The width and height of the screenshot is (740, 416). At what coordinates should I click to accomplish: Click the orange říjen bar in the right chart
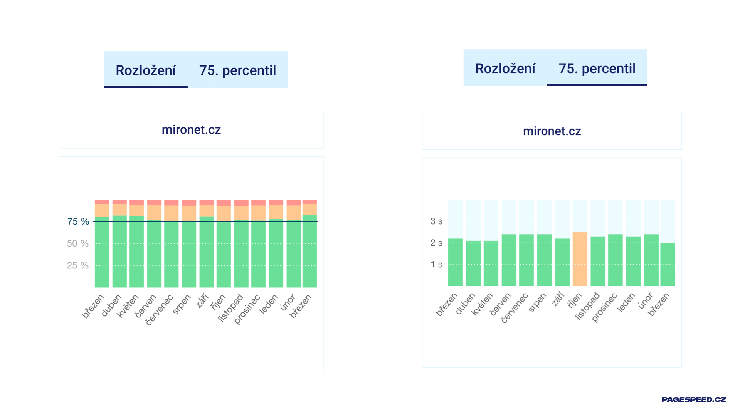coord(580,259)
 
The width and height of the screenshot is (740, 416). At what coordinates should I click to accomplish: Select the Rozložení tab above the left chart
coord(146,70)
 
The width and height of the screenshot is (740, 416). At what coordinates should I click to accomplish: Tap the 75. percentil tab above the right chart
coord(597,69)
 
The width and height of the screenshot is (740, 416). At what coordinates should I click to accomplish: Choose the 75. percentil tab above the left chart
coord(237,70)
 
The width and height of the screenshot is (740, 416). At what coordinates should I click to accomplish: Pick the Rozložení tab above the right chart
coord(505,69)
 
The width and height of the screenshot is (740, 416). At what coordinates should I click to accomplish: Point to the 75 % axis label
coord(78,221)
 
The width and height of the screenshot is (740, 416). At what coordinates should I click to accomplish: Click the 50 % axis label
coord(78,243)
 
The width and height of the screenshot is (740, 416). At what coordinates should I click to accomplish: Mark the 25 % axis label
coord(78,265)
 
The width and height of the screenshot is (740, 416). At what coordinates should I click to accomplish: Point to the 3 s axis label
coord(436,221)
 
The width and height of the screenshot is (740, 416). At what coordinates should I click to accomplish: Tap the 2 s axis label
coord(436,243)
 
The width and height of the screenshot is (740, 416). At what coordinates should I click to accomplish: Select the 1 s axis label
coord(436,264)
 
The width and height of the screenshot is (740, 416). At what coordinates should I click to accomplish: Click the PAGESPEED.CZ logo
coord(693,399)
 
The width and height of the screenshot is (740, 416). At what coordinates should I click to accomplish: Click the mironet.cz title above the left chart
coord(191,130)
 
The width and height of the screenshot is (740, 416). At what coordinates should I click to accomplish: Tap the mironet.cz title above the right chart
coord(552,131)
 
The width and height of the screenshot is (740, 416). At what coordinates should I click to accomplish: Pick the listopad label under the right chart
coord(587,306)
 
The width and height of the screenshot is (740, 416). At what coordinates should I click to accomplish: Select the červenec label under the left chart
coord(160,310)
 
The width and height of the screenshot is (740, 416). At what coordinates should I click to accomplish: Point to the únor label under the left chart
coord(288,302)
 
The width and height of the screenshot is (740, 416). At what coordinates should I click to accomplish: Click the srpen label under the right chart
coord(537,303)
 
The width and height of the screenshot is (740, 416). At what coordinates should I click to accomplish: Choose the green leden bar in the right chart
coord(633,261)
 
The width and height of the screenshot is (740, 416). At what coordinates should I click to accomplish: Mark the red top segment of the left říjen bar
coord(224,203)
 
